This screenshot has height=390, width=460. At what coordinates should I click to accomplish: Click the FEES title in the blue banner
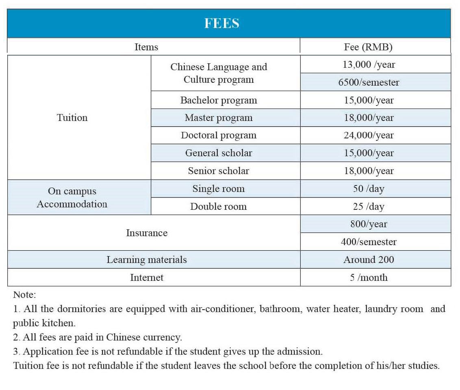click(221, 24)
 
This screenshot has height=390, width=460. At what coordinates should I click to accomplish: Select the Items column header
click(146, 47)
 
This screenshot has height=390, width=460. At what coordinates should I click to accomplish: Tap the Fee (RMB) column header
click(368, 47)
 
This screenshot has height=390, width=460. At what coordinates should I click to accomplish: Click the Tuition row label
click(72, 118)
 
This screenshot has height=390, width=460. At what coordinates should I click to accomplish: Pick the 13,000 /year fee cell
click(369, 65)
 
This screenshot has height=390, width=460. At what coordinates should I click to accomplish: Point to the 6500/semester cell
click(369, 82)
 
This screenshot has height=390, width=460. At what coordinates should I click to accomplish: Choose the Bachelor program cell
click(219, 100)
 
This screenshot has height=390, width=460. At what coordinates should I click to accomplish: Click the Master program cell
click(219, 118)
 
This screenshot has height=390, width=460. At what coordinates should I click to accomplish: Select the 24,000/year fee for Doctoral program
click(369, 136)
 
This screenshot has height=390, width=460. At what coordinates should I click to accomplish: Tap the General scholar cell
click(219, 153)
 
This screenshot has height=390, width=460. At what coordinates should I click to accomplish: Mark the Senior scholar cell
click(219, 171)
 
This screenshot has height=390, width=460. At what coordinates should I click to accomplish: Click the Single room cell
click(219, 189)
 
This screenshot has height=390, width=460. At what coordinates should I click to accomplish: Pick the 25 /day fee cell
click(369, 207)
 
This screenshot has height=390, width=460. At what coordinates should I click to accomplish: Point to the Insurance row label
click(147, 233)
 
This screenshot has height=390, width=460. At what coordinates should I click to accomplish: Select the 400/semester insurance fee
click(369, 242)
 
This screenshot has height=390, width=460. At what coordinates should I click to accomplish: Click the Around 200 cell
click(369, 260)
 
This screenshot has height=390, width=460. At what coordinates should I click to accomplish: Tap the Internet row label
click(147, 278)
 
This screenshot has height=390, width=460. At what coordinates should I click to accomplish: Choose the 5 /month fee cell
click(369, 278)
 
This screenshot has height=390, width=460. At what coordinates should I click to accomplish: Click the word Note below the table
click(24, 295)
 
